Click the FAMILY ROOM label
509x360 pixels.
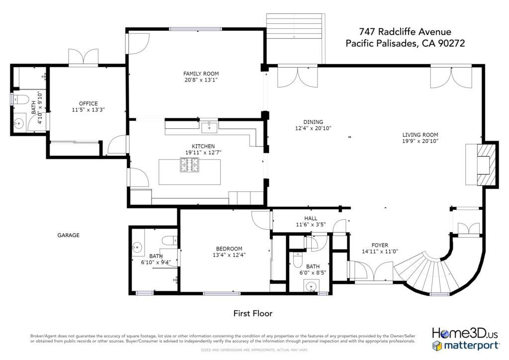tap(201, 74)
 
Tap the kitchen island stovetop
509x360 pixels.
tap(189, 165)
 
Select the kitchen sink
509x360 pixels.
tap(209, 127)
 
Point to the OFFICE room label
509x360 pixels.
tap(88, 103)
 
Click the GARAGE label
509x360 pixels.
tap(69, 235)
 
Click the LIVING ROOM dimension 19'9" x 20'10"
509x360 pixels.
tap(421, 141)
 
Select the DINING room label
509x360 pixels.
tap(313, 122)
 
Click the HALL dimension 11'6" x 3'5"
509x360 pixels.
tap(311, 225)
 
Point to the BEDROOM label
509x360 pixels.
tap(229, 249)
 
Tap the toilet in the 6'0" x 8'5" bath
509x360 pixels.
tap(297, 260)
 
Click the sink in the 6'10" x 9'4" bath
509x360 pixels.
tap(137, 247)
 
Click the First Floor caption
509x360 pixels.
tap(253, 314)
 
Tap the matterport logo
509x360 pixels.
tap(465, 346)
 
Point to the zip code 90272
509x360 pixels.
tap(451, 43)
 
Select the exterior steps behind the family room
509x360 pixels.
tap(296, 26)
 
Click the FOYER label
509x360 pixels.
tap(380, 246)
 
